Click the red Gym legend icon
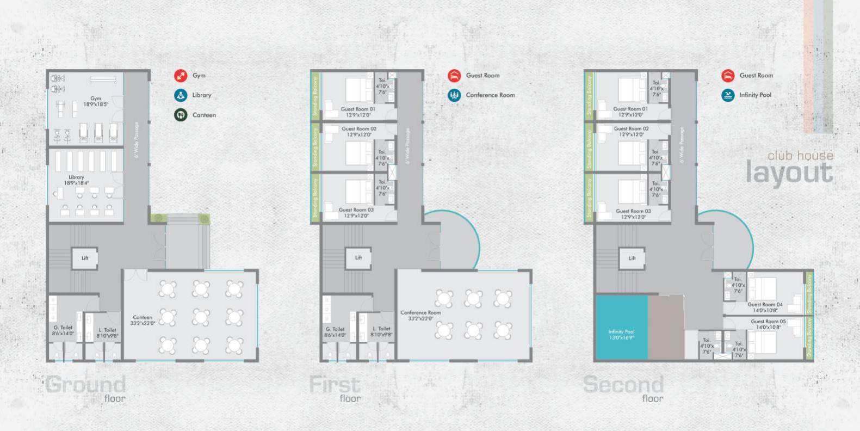(181, 76)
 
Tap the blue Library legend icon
(181, 95)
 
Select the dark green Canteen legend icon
(181, 115)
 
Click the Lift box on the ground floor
(85, 258)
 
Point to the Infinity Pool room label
(621, 334)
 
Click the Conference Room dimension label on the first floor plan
(420, 315)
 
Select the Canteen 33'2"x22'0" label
(143, 320)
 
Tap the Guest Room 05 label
(768, 324)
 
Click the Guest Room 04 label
(765, 307)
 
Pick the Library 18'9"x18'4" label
(76, 180)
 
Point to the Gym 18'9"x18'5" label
(96, 101)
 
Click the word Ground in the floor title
(85, 385)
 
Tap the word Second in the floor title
(623, 385)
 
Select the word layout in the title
(789, 173)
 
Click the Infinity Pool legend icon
(728, 95)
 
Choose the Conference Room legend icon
(454, 95)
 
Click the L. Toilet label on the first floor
(381, 331)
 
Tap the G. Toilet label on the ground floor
(63, 330)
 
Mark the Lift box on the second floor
(632, 258)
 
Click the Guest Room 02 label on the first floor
(358, 131)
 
